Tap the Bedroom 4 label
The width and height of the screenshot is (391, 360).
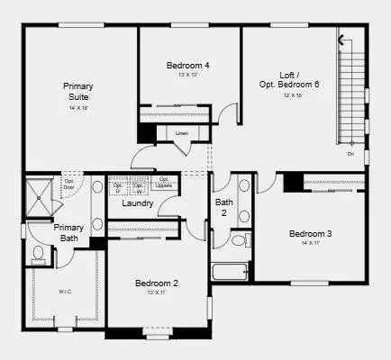pos(188,65)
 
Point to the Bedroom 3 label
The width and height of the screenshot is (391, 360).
pos(310,234)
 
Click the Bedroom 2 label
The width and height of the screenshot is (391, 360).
pos(157,283)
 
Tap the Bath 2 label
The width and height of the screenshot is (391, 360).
pos(224,208)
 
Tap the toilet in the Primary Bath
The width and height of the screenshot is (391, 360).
pos(39,253)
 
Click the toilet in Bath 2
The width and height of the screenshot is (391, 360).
pos(239,240)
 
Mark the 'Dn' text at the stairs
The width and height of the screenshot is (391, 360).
pos(350,154)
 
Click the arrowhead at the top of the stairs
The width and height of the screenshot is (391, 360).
pos(341,39)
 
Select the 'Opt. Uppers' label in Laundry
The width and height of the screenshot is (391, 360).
pos(165,182)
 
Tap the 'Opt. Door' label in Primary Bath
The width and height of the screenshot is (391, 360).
pos(68,185)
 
